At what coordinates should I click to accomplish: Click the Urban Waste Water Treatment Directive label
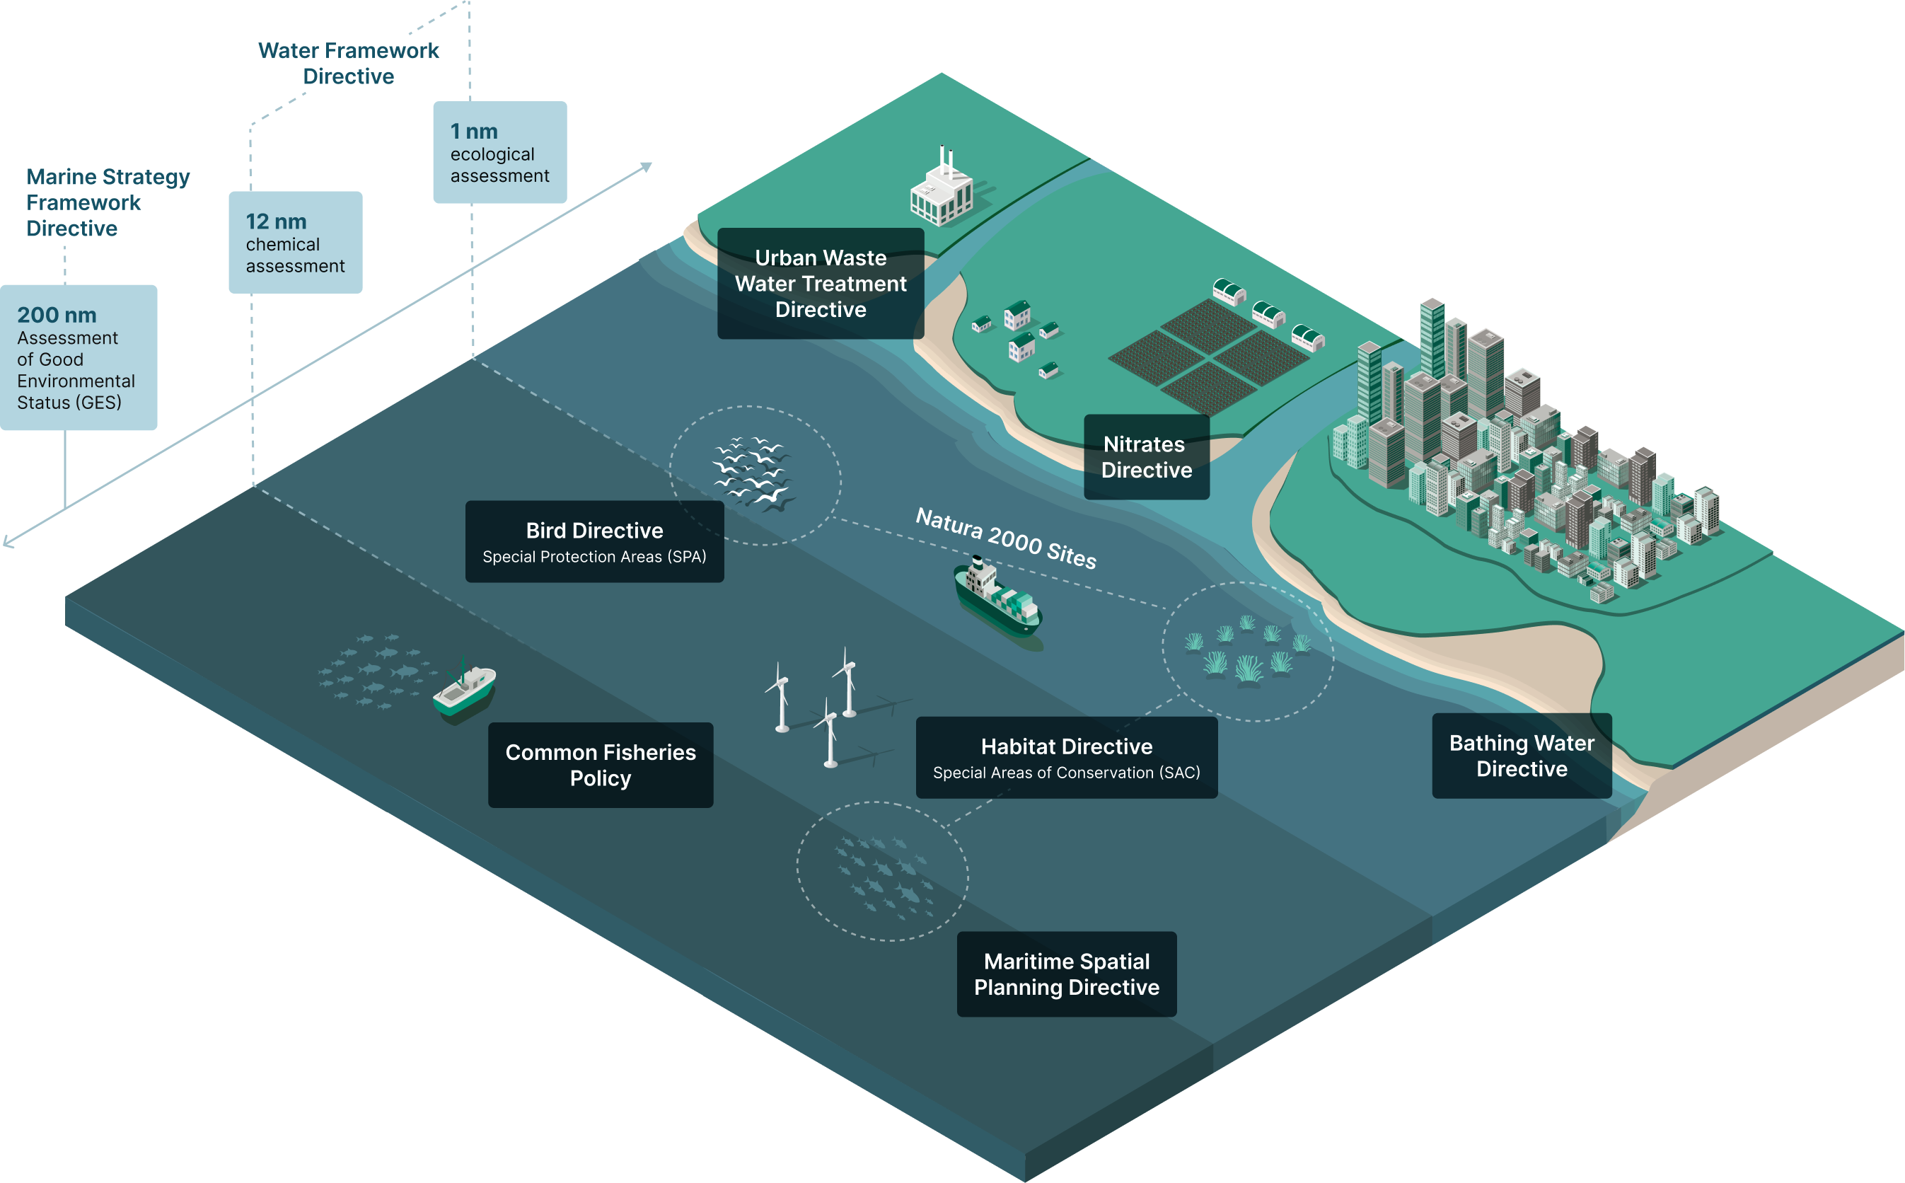(x=821, y=283)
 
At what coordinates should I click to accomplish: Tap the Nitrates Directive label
(x=1147, y=457)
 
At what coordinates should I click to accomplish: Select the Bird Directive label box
(x=594, y=541)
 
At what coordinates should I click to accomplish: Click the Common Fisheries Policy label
(x=601, y=764)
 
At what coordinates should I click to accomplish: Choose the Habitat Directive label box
(x=1066, y=757)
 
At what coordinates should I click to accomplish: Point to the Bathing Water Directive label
(x=1521, y=756)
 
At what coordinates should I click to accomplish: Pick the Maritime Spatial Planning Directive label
(x=1066, y=974)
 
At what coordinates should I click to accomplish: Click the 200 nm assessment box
(x=79, y=357)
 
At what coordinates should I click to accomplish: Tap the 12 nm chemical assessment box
(x=295, y=243)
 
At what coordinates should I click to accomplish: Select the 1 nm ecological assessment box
(x=499, y=153)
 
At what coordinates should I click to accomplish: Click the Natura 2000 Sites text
(x=1006, y=538)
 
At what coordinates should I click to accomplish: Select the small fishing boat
(x=465, y=688)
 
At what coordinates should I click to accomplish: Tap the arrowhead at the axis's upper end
(x=647, y=167)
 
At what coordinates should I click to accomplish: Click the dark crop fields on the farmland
(x=1208, y=356)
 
